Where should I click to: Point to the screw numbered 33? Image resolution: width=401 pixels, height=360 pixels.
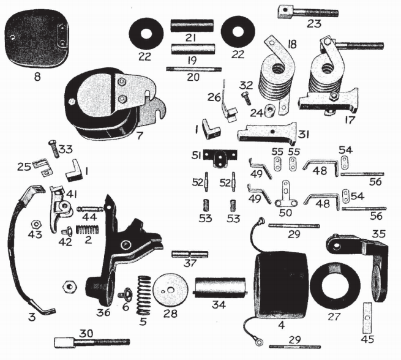pos(53,148)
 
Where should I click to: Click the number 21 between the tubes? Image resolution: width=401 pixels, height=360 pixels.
pos(192,39)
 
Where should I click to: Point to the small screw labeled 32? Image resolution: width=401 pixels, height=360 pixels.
pos(246,96)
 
